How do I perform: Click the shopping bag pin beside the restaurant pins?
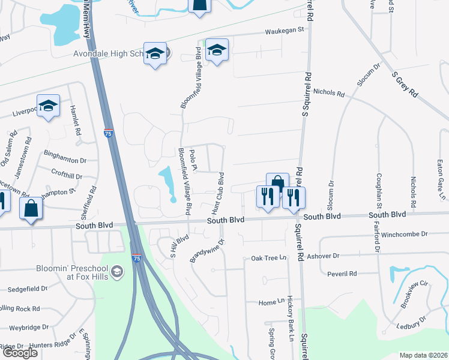point(277,183)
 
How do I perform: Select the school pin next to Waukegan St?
point(217,50)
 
